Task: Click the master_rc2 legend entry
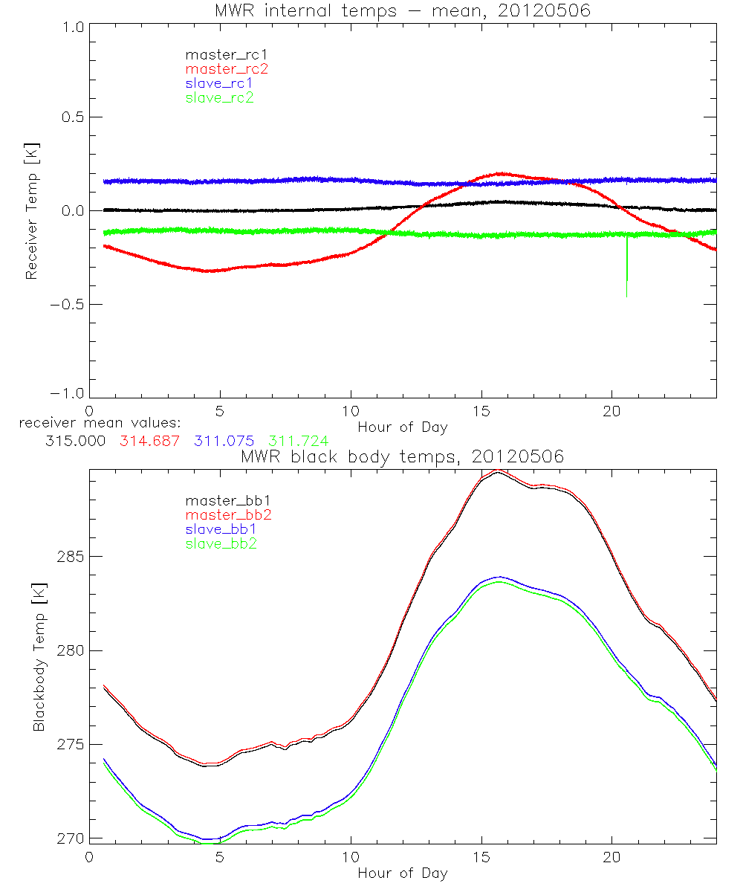pos(227,68)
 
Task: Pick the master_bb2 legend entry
pos(227,514)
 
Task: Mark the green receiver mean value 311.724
pos(298,441)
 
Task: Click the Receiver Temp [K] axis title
pos(32,210)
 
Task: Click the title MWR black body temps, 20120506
pos(402,456)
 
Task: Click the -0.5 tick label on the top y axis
pos(66,304)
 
